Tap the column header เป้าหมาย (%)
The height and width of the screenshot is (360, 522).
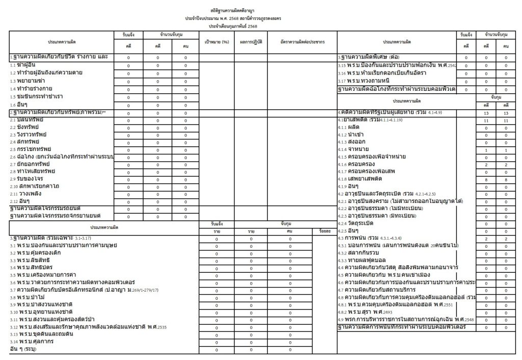coord(216,41)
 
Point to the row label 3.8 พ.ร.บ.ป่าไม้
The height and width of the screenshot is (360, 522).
coord(31,297)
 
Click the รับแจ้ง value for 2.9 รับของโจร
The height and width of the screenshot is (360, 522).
coord(128,179)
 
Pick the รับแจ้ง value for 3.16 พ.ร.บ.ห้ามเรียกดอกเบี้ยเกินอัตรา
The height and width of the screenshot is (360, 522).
coord(466,73)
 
